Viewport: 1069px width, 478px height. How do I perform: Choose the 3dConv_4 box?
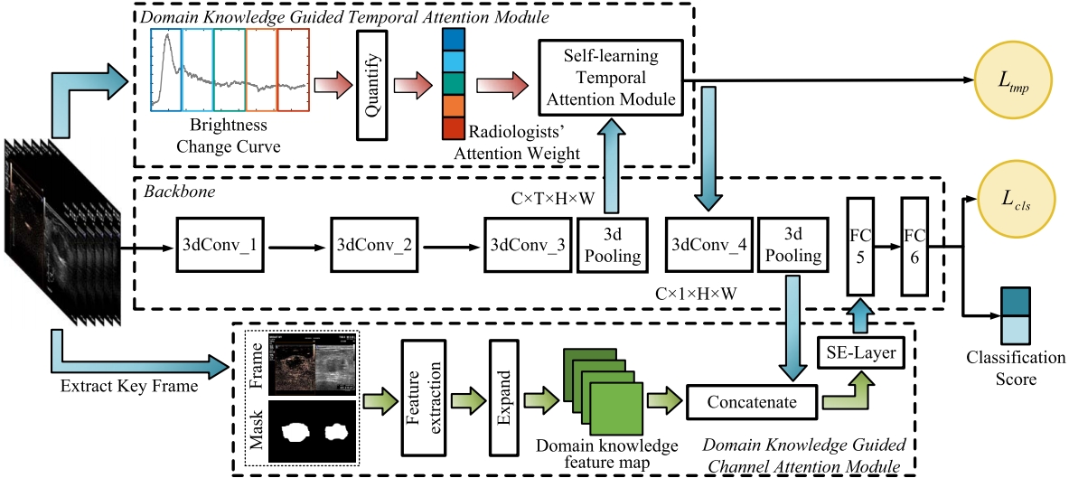(x=705, y=244)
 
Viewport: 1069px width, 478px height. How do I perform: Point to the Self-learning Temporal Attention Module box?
(x=608, y=78)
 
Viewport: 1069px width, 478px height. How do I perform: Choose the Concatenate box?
(x=750, y=400)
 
